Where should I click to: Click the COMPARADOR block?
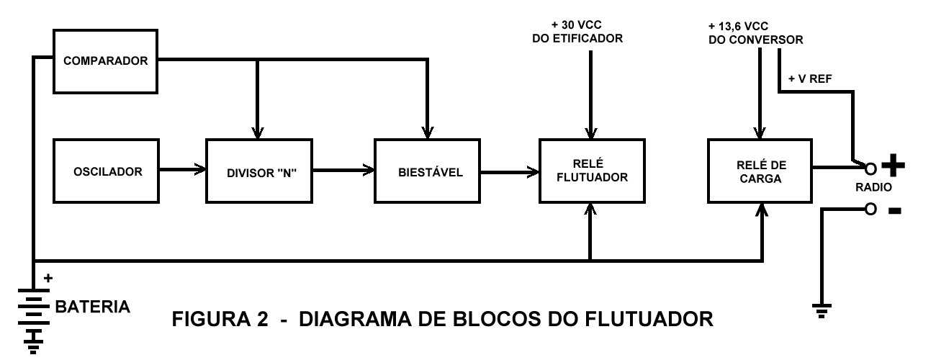pyautogui.click(x=105, y=61)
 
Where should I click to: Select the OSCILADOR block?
pyautogui.click(x=107, y=171)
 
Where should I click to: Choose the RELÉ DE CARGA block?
pyautogui.click(x=760, y=171)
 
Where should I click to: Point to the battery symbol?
pyautogui.click(x=33, y=317)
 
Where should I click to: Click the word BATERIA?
pyautogui.click(x=92, y=307)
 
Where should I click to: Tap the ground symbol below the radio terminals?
pyautogui.click(x=819, y=310)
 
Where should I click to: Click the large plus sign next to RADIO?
pyautogui.click(x=893, y=166)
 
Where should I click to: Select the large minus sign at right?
pyautogui.click(x=893, y=211)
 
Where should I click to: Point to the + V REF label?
pyautogui.click(x=810, y=78)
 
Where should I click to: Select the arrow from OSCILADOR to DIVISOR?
pyautogui.click(x=182, y=171)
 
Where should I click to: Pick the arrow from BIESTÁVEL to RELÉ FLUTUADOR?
pyautogui.click(x=510, y=171)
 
